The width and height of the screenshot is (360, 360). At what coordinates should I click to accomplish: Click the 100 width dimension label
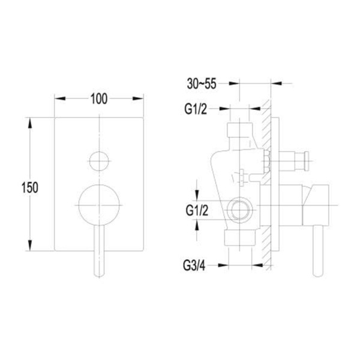99,99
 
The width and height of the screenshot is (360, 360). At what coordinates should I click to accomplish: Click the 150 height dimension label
30,187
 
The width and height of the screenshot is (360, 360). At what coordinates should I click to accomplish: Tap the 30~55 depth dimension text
202,83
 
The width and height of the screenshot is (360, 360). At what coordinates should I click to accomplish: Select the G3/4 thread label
194,266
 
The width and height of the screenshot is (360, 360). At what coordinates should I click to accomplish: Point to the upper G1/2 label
196,109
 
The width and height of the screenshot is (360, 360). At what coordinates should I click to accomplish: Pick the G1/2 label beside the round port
197,211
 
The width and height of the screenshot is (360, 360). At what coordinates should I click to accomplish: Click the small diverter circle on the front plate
99,161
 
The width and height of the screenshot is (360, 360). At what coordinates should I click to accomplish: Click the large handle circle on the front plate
99,205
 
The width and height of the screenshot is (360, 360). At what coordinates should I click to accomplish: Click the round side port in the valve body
239,210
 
